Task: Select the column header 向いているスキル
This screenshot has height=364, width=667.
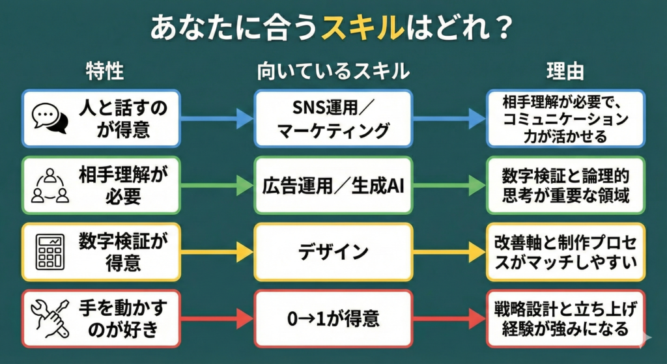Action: (x=332, y=71)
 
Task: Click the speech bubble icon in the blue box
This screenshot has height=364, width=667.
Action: (x=50, y=119)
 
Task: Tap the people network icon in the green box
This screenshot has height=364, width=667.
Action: (x=50, y=186)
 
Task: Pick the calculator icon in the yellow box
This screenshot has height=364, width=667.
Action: (x=51, y=252)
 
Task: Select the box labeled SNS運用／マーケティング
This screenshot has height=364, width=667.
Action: (x=333, y=119)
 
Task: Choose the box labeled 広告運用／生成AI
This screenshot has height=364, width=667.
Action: (x=333, y=186)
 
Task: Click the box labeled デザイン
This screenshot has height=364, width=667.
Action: (x=333, y=252)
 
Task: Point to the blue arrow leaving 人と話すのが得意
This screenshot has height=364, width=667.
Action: (x=216, y=119)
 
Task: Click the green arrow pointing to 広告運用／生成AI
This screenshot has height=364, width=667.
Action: (x=216, y=186)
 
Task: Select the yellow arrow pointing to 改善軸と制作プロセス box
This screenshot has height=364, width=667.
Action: (x=449, y=252)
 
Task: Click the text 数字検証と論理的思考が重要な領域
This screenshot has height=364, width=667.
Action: (x=565, y=186)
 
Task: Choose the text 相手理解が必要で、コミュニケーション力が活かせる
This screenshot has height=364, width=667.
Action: (x=565, y=119)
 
